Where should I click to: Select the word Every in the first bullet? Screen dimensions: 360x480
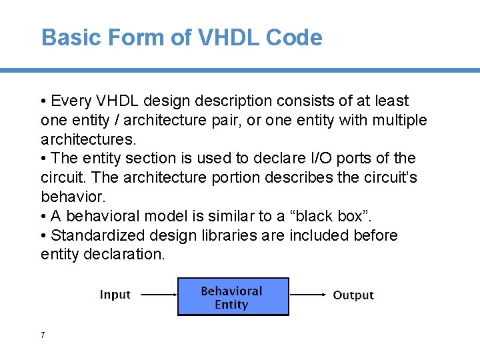coord(71,101)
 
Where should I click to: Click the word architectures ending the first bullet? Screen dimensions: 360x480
coord(87,140)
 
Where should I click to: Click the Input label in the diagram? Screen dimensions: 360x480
coord(115,295)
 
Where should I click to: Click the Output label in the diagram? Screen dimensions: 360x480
coord(353,295)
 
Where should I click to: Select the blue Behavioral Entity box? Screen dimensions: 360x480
coord(233,297)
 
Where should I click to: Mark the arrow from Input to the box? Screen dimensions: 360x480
coord(158,294)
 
